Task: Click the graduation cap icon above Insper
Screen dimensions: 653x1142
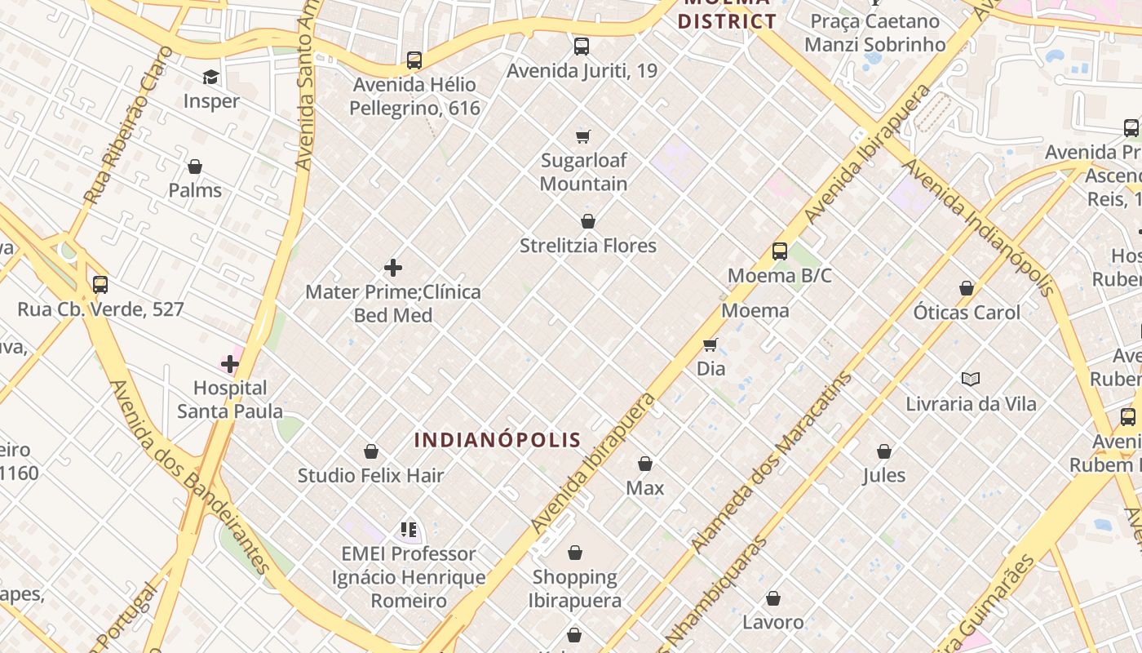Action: [x=211, y=77]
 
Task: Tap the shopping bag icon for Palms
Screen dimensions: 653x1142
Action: [x=195, y=167]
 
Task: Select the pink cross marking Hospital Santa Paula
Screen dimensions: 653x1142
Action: [x=230, y=363]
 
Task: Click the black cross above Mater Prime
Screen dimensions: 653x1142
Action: [x=393, y=268]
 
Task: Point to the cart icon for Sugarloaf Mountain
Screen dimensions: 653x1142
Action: [x=582, y=136]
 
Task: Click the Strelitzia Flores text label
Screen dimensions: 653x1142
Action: [x=587, y=246]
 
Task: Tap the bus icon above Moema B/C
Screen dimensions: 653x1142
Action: [x=780, y=251]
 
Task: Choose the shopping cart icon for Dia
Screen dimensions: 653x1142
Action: [x=710, y=344]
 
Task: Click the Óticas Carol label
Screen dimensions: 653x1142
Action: [x=967, y=313]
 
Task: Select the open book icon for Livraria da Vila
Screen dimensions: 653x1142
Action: [x=971, y=379]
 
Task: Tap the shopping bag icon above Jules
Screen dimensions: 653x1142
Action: [x=884, y=451]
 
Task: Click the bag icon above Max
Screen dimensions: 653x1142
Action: [x=645, y=464]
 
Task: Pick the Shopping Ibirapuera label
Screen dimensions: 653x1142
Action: [x=575, y=589]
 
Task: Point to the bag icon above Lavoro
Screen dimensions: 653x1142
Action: [x=773, y=598]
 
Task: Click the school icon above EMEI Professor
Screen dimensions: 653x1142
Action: [x=409, y=530]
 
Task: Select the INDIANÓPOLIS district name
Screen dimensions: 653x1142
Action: [x=498, y=440]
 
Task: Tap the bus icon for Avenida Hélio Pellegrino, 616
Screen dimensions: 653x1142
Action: [x=414, y=60]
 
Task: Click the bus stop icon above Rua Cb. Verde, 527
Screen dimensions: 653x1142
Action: [x=100, y=285]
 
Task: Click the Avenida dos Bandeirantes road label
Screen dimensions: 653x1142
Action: [x=190, y=477]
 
